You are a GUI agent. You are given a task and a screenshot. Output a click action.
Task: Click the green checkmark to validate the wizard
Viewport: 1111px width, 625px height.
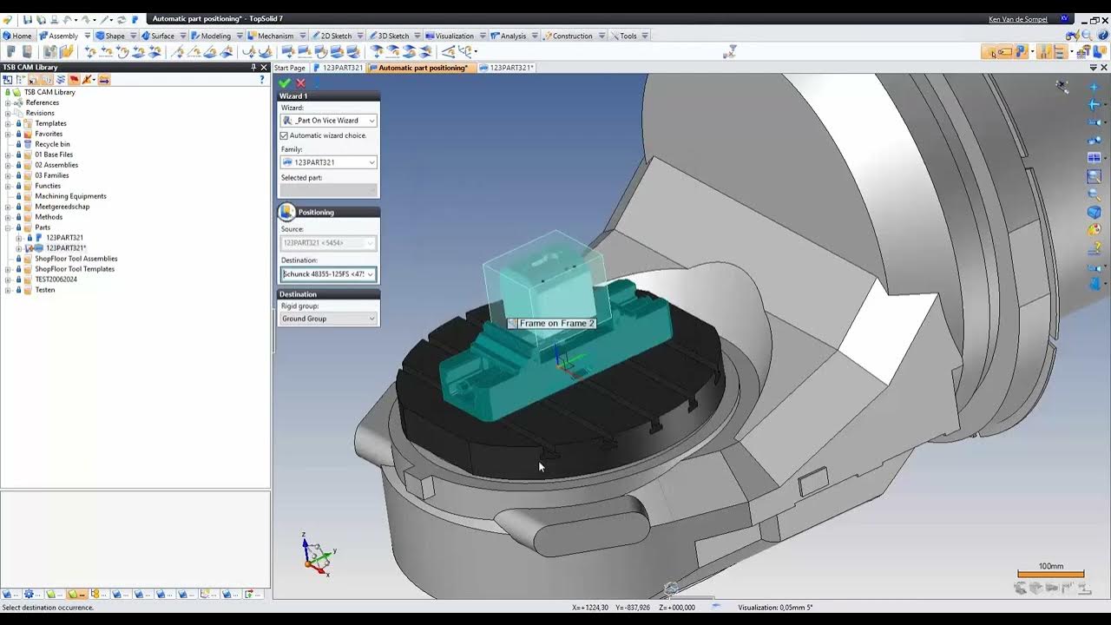point(285,83)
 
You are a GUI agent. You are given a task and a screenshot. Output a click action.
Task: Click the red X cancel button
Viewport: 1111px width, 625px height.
point(300,83)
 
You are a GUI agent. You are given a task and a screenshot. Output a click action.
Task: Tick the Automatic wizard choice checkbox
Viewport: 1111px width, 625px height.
point(284,135)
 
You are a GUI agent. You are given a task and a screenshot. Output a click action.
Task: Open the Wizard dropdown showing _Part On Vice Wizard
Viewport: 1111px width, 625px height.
point(328,121)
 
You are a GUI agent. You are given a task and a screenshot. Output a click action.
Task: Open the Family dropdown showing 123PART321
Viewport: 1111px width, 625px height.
point(328,162)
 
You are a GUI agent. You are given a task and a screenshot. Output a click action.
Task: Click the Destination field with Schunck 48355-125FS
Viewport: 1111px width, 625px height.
point(328,274)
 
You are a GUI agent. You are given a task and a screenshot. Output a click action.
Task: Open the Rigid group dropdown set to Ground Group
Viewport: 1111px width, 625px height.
point(328,319)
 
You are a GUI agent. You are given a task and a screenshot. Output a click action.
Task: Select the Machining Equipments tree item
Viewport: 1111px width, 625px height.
point(70,196)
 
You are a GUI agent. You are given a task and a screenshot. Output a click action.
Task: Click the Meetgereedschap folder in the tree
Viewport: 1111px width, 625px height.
point(62,207)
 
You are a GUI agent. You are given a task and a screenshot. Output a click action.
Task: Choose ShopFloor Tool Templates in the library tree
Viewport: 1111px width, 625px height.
point(75,269)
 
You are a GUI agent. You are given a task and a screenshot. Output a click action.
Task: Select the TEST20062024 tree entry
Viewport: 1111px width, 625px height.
point(56,280)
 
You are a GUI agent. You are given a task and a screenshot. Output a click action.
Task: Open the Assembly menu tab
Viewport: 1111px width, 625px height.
point(62,36)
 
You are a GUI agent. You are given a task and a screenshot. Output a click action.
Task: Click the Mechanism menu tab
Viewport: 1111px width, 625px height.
point(275,36)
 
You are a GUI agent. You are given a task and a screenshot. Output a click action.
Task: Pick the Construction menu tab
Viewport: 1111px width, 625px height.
point(572,36)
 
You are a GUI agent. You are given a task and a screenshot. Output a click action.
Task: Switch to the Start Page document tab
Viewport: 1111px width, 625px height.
point(290,68)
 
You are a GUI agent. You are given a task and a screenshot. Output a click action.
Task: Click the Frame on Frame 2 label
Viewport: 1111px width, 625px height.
point(556,323)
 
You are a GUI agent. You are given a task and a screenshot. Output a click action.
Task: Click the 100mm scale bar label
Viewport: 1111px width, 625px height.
point(1050,566)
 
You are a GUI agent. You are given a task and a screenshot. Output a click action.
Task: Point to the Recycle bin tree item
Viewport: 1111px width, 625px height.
point(52,144)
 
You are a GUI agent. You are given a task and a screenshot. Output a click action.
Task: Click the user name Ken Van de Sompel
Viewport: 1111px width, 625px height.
point(1018,19)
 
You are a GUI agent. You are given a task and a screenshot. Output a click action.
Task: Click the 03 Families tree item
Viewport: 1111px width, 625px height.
point(51,175)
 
